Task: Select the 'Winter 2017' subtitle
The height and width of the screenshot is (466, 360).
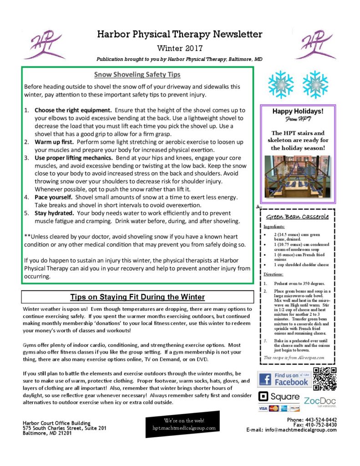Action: pos(179,48)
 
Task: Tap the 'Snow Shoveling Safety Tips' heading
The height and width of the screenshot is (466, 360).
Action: pos(137,74)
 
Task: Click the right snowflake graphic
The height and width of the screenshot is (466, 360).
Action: pos(315,85)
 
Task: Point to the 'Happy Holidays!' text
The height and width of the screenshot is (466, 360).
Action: pos(298,111)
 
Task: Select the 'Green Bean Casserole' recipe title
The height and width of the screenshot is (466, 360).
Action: pos(298,217)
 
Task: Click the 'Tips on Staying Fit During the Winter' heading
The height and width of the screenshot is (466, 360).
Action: pos(137,297)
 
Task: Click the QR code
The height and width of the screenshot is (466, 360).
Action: pos(325,379)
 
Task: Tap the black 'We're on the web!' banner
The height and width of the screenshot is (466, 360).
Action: pos(183,424)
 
